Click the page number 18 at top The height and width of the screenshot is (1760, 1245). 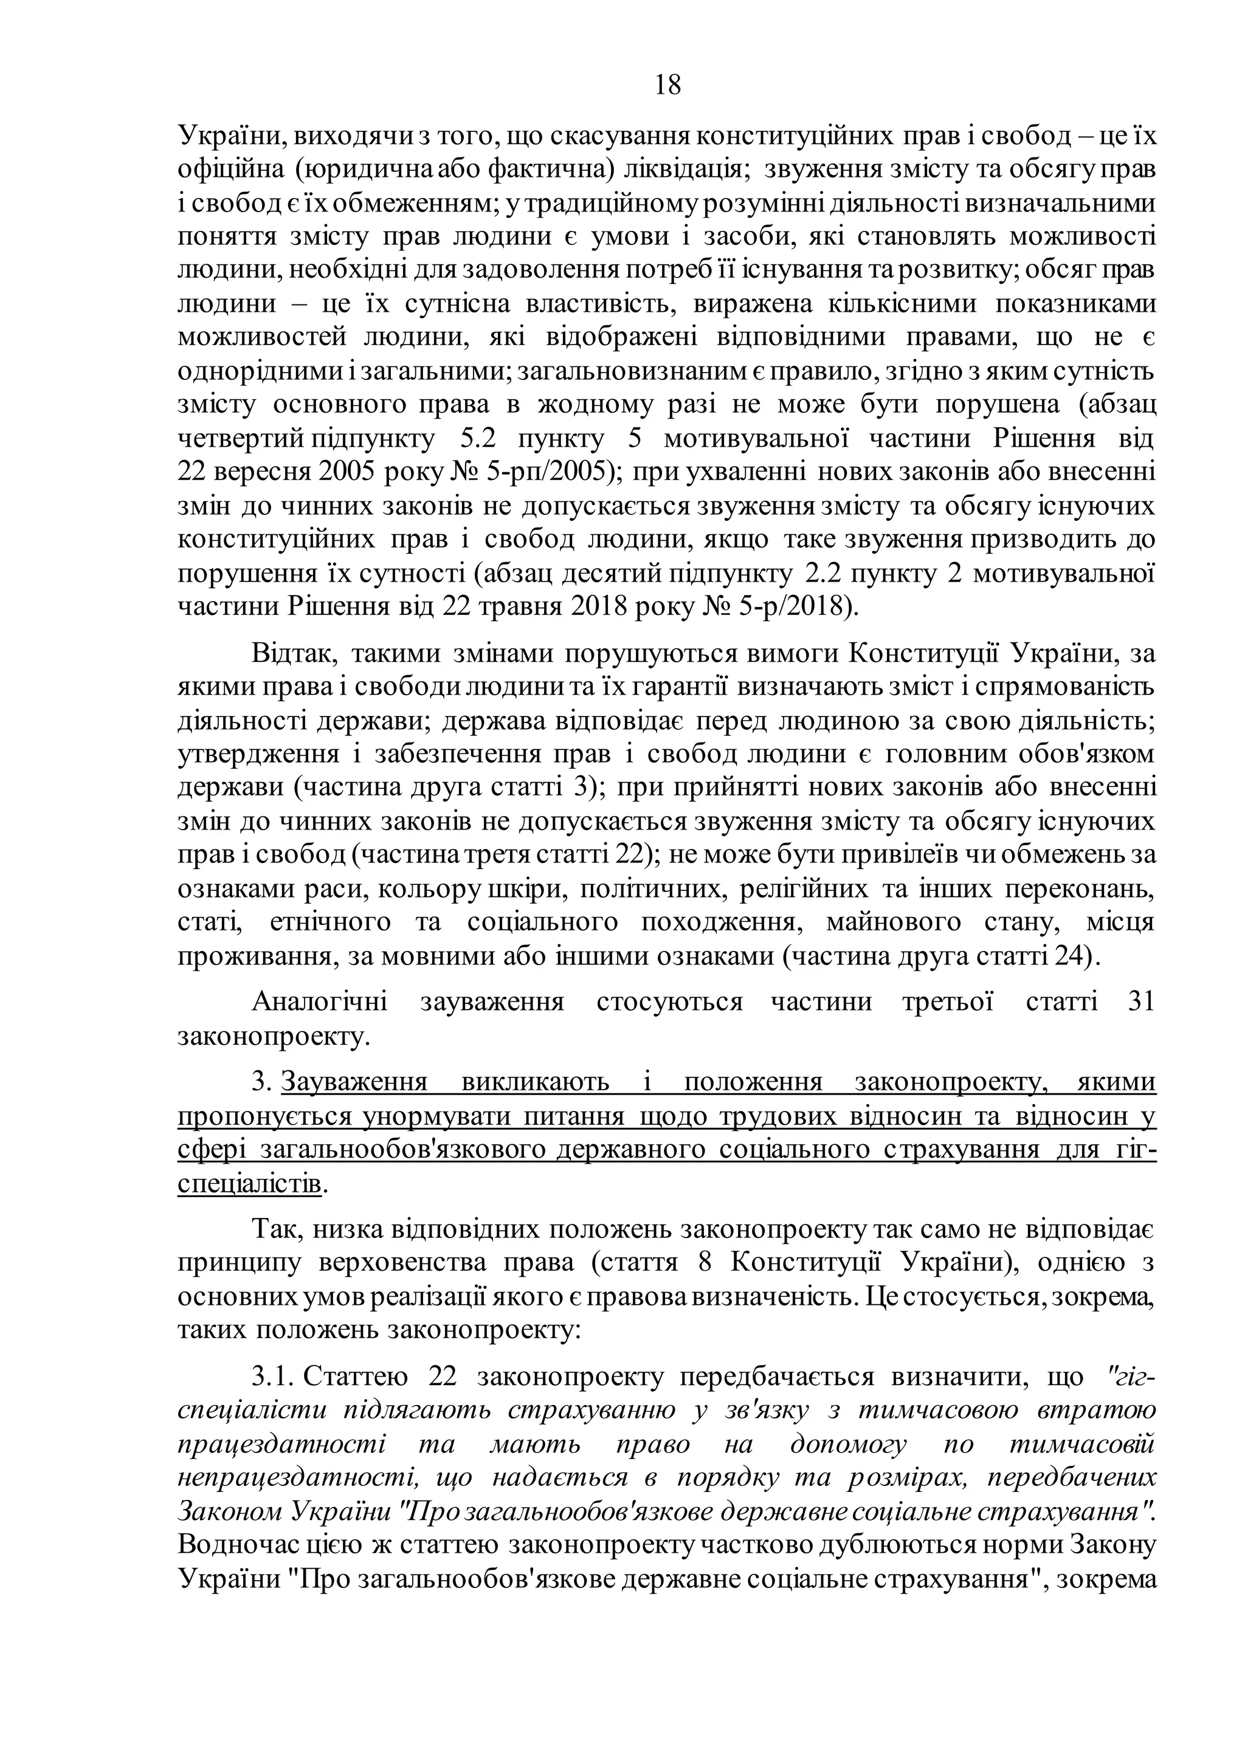pyautogui.click(x=667, y=84)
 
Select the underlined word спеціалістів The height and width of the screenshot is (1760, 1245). pyautogui.click(x=249, y=1183)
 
